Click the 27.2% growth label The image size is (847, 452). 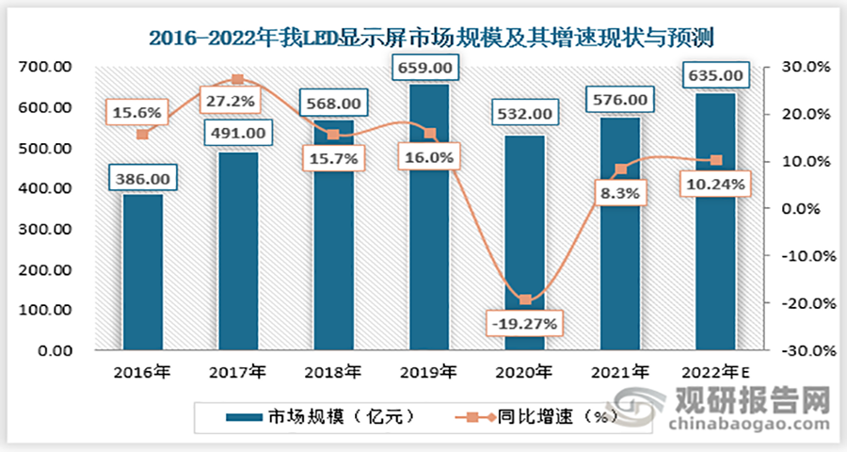tap(229, 97)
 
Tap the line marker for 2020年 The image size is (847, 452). tap(525, 300)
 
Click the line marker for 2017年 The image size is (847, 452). tap(238, 79)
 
